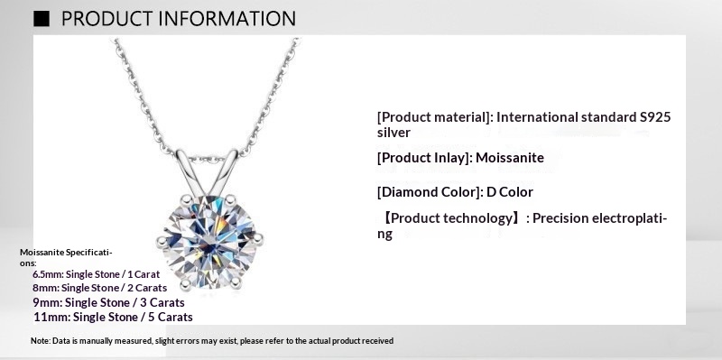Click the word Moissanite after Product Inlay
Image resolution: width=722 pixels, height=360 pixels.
[511, 158]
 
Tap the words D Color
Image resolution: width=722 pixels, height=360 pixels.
[511, 192]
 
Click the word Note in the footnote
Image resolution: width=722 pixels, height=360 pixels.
[39, 341]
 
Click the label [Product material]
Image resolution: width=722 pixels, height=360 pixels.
[434, 117]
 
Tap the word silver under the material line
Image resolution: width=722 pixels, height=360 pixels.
[394, 133]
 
